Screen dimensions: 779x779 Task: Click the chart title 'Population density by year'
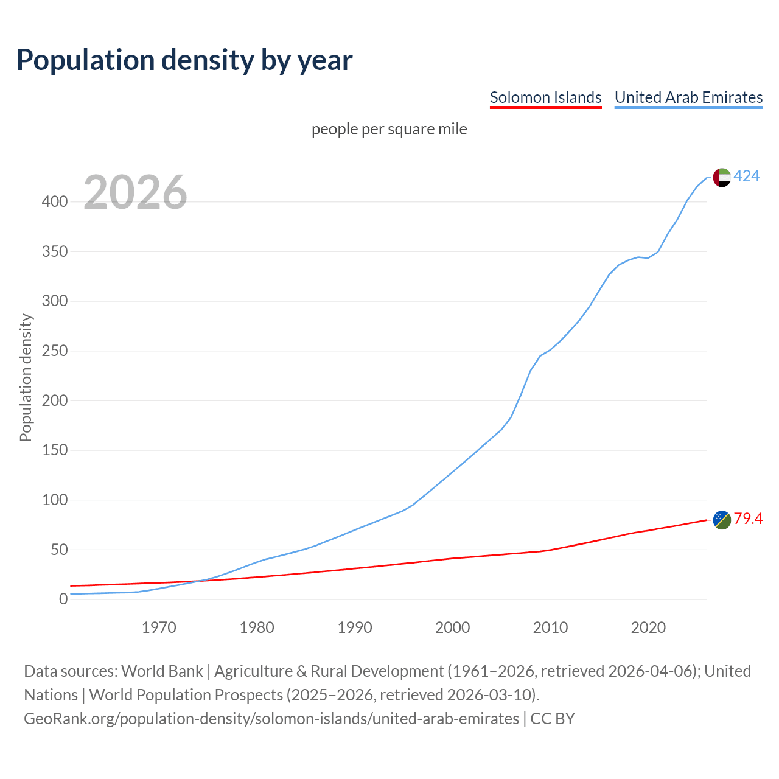(184, 60)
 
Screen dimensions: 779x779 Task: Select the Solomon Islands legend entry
(545, 97)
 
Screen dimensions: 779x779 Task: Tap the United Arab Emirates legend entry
(688, 97)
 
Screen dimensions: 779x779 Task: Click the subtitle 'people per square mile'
(389, 130)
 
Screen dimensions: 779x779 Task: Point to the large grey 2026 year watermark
(135, 193)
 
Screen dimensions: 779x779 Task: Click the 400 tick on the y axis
(54, 202)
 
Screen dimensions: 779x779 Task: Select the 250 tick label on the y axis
(54, 351)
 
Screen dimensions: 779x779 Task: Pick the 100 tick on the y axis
(54, 500)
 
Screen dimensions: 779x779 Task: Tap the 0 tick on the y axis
(63, 599)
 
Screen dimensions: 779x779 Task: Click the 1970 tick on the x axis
(159, 627)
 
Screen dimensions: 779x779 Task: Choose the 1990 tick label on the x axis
(355, 627)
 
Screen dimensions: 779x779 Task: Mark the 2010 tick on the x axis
(550, 627)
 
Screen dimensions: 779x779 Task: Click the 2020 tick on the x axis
(648, 627)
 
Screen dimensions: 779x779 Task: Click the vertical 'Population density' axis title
(26, 377)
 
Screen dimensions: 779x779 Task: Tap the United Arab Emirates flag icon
(722, 178)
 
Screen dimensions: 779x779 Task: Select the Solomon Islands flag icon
(722, 520)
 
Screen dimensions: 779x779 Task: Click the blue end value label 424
(747, 176)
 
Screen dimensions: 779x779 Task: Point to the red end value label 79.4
(748, 519)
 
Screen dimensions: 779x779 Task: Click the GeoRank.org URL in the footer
(271, 719)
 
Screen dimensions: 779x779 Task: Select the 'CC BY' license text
(553, 719)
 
